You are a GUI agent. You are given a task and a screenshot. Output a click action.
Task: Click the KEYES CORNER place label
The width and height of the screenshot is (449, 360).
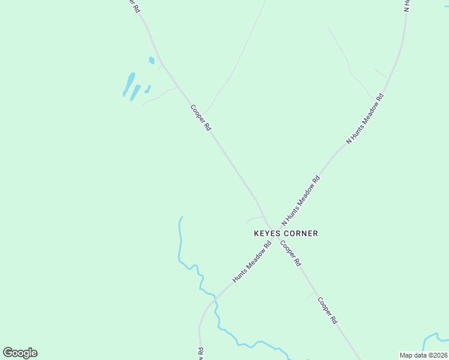point(286,233)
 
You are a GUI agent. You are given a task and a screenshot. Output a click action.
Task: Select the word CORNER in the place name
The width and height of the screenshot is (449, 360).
point(300,233)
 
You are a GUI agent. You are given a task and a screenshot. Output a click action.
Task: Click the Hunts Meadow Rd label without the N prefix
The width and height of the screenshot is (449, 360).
point(252,262)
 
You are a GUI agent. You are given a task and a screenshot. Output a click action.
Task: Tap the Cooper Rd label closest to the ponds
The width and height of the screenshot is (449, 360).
point(201,118)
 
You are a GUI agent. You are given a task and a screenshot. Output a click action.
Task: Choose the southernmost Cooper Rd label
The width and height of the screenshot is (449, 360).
point(328,311)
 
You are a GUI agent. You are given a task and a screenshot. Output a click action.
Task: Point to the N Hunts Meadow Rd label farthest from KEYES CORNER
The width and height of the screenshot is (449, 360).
point(364,119)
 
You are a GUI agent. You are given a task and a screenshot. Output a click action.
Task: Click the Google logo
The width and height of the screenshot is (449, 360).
point(20,353)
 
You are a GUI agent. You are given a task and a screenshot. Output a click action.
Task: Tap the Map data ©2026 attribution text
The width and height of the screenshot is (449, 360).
point(423,355)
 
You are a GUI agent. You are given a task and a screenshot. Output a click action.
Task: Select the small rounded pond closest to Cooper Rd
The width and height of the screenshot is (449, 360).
point(152,60)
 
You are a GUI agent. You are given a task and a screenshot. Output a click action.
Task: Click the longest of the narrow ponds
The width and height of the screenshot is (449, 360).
point(129,84)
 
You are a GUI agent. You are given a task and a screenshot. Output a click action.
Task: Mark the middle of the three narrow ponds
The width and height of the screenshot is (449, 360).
point(136,92)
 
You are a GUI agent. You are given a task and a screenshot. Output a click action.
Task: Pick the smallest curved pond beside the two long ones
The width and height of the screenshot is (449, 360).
point(147,89)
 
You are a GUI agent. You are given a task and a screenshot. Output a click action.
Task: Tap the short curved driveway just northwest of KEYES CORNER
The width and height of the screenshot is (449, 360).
point(253,219)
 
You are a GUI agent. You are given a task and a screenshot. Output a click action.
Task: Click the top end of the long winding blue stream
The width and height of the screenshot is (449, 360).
point(182,217)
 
